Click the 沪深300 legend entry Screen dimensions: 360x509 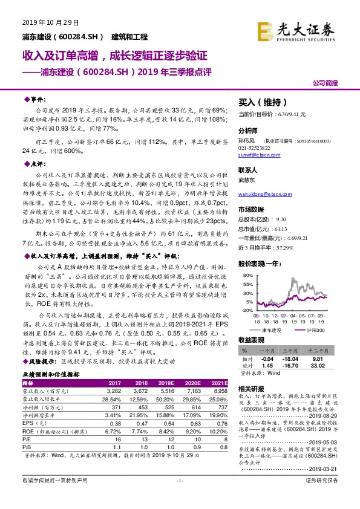click(x=315, y=330)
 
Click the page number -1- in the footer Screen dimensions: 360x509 click(x=178, y=496)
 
